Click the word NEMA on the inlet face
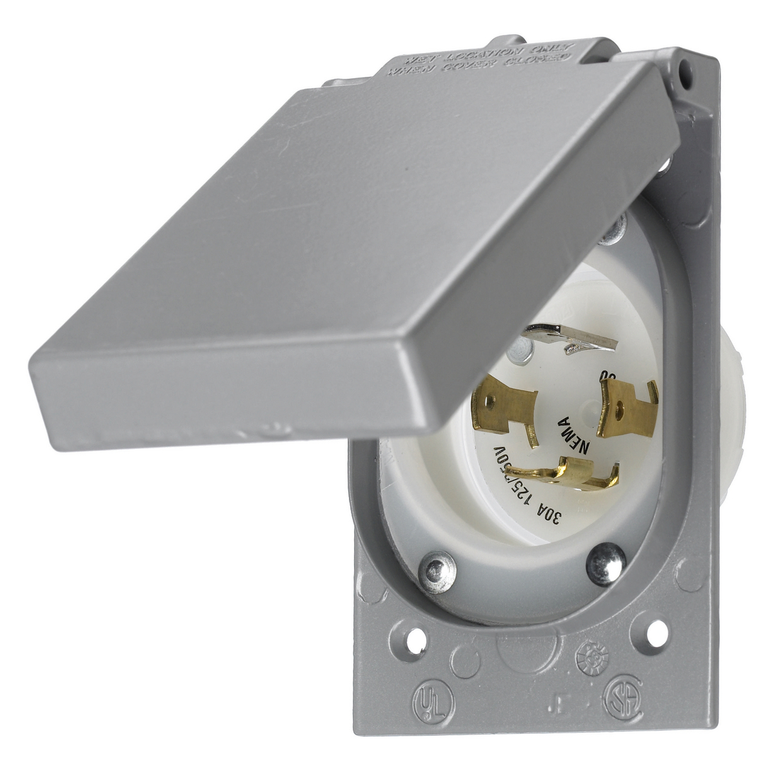point(573,435)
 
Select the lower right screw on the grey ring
point(605,564)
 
